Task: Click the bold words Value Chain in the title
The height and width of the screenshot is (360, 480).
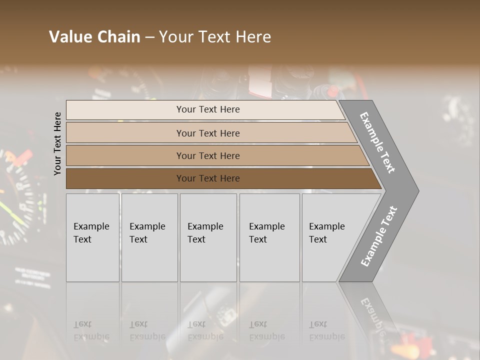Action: (x=94, y=37)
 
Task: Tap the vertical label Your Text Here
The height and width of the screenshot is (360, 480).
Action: (x=57, y=143)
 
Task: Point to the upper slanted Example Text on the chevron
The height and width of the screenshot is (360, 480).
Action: (x=377, y=142)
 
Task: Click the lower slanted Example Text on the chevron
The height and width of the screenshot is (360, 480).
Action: (x=378, y=236)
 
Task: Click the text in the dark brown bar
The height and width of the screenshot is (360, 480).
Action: (x=208, y=178)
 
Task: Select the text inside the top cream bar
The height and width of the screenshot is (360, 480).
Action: (x=208, y=109)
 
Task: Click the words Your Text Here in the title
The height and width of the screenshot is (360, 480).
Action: (x=215, y=37)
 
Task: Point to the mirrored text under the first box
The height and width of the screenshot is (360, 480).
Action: (x=91, y=330)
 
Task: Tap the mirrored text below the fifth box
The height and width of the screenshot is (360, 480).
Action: (x=327, y=330)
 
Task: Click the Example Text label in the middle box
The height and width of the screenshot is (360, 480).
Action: (x=205, y=232)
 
